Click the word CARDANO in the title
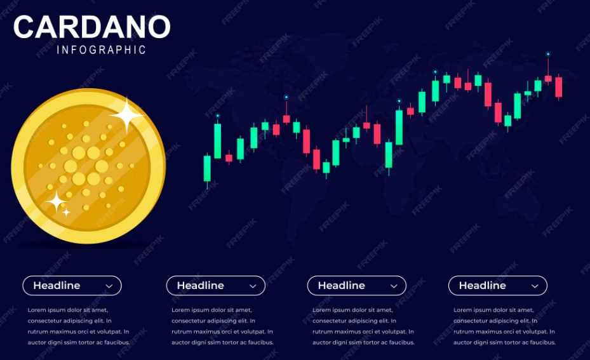[x=92, y=27]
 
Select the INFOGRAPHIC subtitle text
[x=102, y=50]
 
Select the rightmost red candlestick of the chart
[x=558, y=87]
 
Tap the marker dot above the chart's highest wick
[x=548, y=55]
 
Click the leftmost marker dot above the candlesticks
[x=218, y=116]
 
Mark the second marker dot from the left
[x=286, y=97]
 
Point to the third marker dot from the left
[x=399, y=101]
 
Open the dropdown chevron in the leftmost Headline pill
[x=109, y=286]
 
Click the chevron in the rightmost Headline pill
[x=535, y=286]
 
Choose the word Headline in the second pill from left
[x=200, y=286]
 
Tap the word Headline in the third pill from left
[x=342, y=286]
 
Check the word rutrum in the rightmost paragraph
[x=464, y=331]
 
